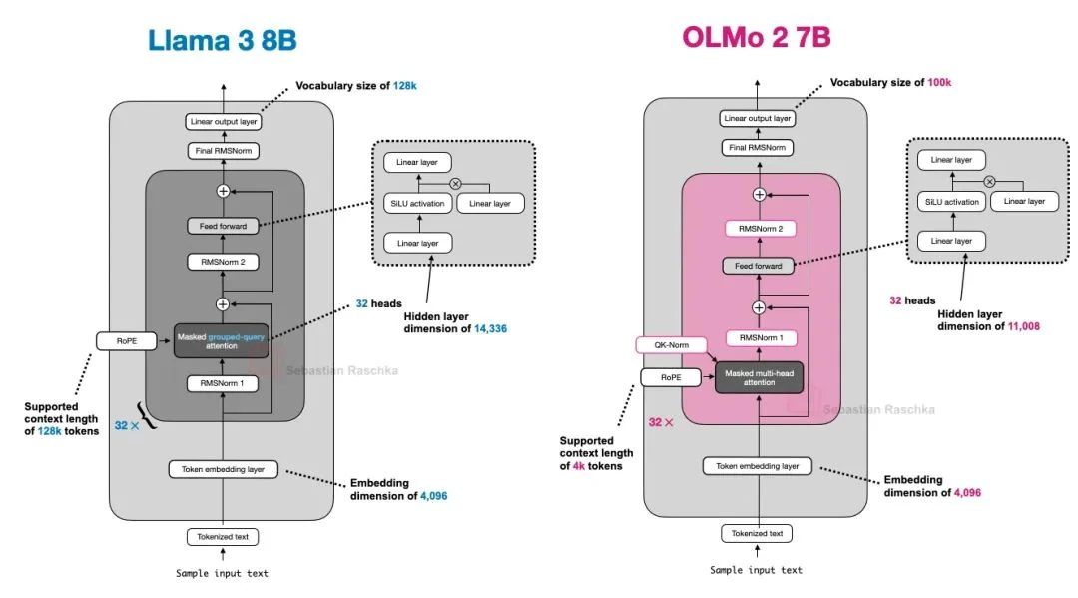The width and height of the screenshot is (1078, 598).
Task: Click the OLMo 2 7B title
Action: [x=757, y=37]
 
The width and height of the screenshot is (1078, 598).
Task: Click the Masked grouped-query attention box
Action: [x=223, y=340]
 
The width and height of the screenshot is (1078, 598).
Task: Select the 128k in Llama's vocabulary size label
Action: [x=404, y=86]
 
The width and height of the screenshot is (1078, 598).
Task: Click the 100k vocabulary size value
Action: [x=939, y=82]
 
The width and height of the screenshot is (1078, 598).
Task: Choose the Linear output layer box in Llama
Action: [x=223, y=122]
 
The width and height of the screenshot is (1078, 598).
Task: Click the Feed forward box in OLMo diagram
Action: [x=758, y=266]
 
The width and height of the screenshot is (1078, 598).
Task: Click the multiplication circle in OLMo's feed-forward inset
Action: [x=989, y=181]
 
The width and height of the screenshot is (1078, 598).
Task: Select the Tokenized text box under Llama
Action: [x=223, y=537]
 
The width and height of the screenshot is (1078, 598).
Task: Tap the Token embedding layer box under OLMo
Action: [x=758, y=466]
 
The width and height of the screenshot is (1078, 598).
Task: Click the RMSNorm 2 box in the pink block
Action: [x=758, y=229]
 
